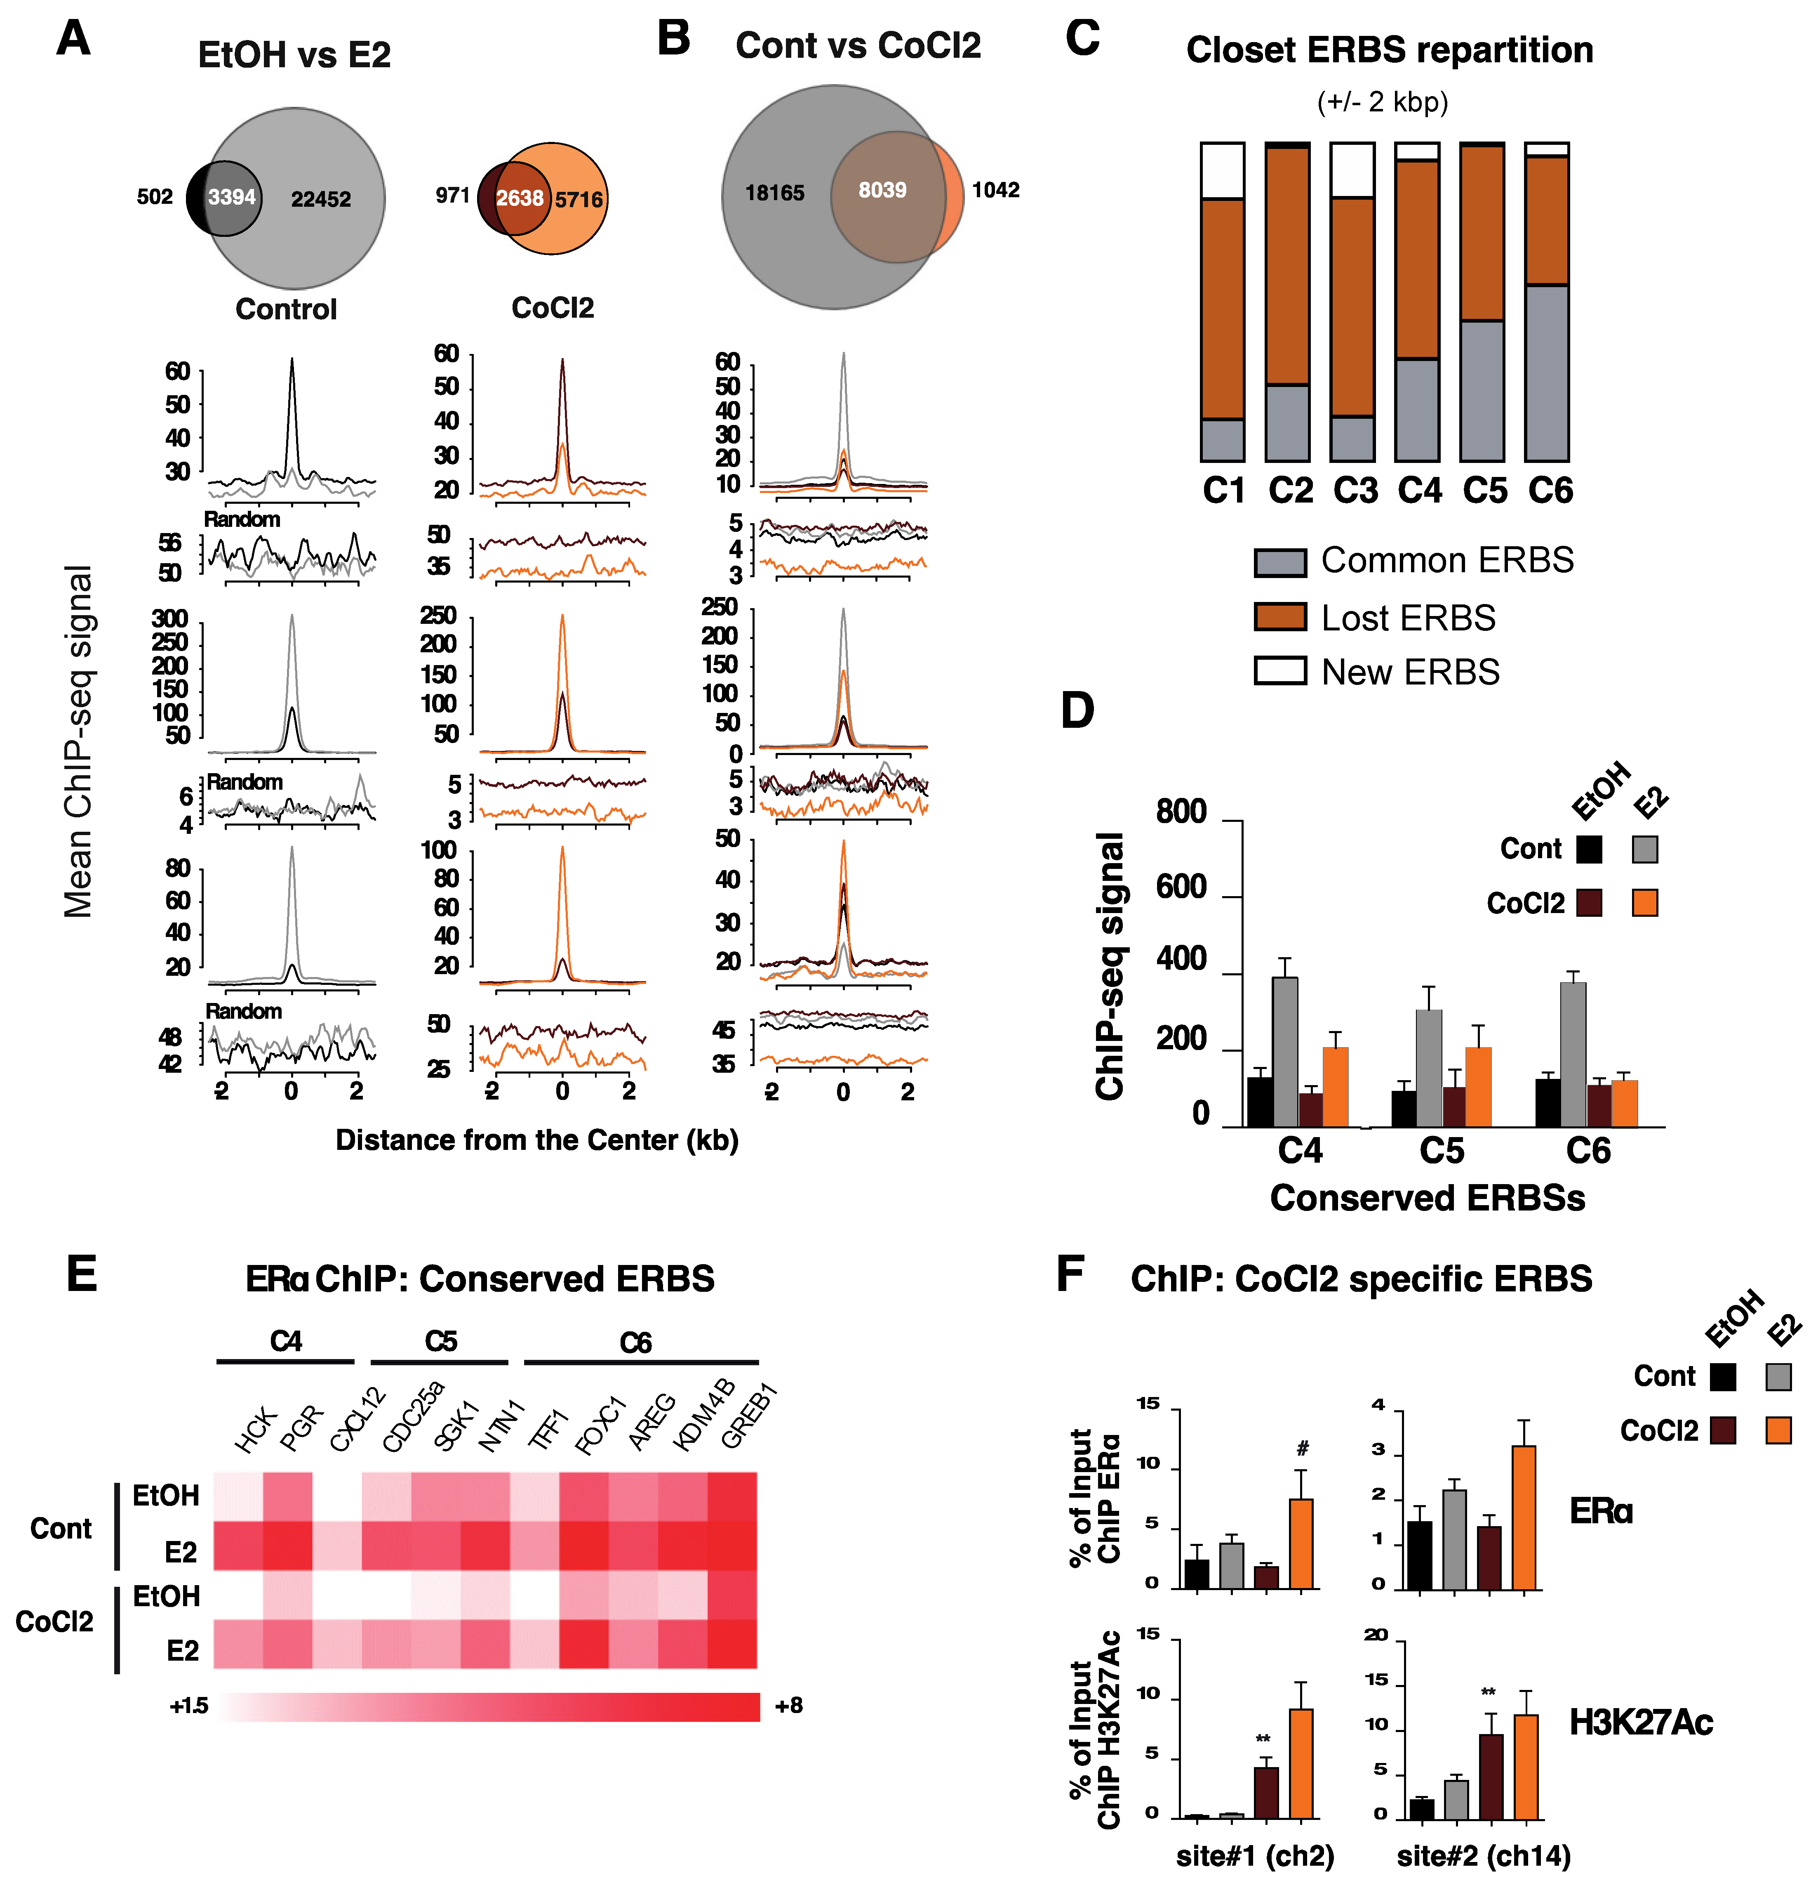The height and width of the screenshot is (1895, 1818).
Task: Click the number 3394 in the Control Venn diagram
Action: (x=232, y=197)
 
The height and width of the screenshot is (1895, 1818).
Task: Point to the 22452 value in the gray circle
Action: (x=321, y=199)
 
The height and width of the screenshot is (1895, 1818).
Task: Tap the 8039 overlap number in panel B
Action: (x=882, y=191)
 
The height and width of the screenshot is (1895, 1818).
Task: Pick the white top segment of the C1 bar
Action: (x=1223, y=170)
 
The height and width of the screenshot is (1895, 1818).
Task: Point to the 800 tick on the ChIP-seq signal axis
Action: (x=1181, y=812)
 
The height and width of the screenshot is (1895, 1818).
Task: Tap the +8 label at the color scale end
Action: (x=789, y=1706)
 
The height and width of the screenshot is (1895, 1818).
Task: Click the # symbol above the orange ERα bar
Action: (x=1303, y=1448)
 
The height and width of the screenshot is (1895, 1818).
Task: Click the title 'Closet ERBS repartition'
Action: (x=1389, y=50)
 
